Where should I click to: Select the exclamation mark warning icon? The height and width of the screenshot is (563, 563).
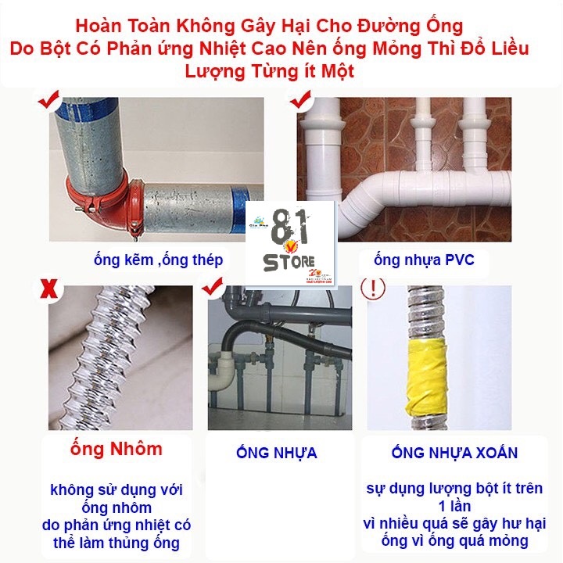point(375,288)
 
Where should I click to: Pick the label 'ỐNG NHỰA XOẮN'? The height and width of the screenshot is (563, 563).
point(454,453)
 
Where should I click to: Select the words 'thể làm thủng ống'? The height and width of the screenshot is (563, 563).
point(117,543)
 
